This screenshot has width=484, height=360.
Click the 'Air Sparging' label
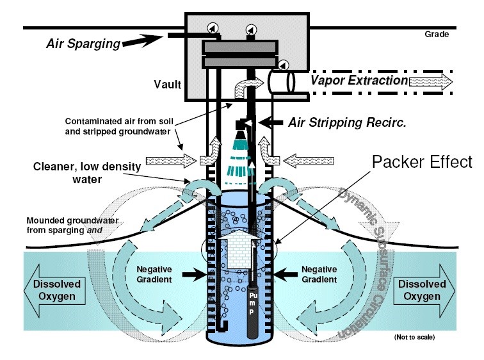pos(83,44)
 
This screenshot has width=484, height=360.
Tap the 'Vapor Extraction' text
pos(359,80)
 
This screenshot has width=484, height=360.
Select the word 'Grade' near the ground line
pos(437,34)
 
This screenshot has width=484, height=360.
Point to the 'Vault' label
pos(167,85)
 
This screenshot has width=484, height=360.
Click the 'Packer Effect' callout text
pos(422,161)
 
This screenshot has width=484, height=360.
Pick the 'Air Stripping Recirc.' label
pos(347,122)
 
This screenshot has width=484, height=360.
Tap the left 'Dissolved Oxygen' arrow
pos(54,290)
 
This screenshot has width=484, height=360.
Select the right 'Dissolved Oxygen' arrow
pos(424,290)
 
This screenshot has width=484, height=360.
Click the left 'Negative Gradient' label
pos(154,274)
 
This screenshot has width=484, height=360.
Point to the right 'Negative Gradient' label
pos(319,274)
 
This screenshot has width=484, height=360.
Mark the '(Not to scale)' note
pos(414,337)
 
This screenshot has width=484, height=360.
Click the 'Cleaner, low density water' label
pos(87,172)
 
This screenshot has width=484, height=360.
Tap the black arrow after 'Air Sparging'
pos(143,40)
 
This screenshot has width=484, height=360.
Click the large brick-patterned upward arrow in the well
pos(240,249)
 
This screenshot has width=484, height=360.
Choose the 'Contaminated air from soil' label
pos(119,121)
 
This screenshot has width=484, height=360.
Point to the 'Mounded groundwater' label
pos(72,220)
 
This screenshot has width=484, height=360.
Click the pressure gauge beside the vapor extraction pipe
pos(284,65)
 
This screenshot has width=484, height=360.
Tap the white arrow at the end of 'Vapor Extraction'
pos(431,82)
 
